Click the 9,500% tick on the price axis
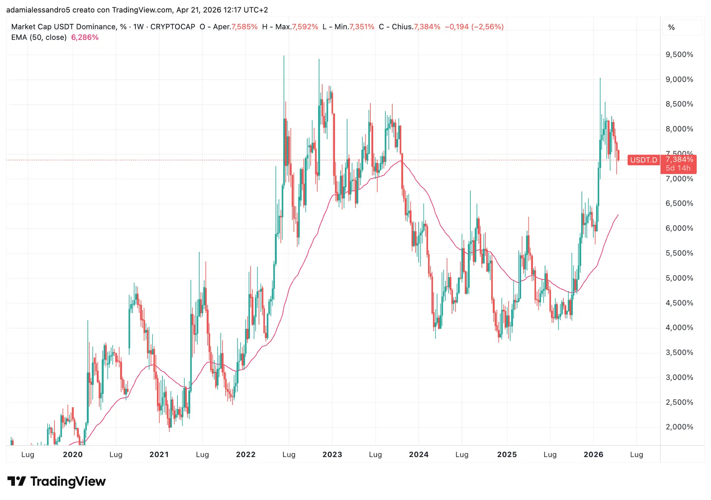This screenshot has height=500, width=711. coord(679,55)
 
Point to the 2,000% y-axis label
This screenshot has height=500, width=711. coord(679,427)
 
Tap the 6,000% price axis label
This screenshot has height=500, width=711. coord(679,228)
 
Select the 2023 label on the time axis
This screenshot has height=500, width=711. coord(332,455)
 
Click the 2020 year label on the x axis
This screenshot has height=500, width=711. coord(73,455)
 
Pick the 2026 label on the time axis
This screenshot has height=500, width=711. coord(593,455)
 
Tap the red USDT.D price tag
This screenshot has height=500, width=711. coord(644,160)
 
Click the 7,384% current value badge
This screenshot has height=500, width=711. coord(679,159)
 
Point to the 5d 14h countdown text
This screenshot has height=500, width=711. coord(678,168)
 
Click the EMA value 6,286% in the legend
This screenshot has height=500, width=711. coord(85,37)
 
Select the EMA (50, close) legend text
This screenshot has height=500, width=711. coord(39,37)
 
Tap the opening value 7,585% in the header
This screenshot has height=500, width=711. coord(244,27)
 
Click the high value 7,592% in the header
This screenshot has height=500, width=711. coord(305,27)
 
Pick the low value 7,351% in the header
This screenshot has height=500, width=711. coord(362,27)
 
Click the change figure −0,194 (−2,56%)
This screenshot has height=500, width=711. coord(474,27)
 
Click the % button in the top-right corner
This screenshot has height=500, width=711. coord(671,27)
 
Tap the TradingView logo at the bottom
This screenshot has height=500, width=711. coord(57,482)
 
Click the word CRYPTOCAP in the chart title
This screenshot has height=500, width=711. coord(173,27)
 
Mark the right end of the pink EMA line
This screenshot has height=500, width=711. coord(618,215)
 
